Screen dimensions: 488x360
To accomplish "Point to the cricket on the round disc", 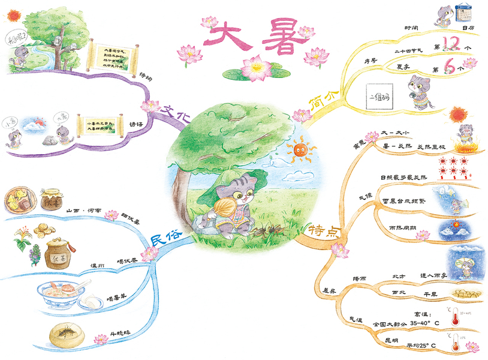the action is tap(64, 331).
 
